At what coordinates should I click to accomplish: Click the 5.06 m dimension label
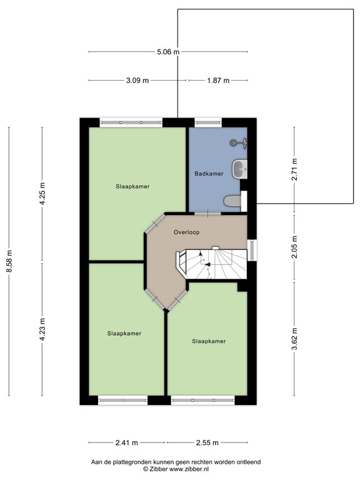[x=168, y=52]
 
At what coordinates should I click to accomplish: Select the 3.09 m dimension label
[x=137, y=81]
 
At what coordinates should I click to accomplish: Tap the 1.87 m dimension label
[x=217, y=81]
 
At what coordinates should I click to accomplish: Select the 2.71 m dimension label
[x=294, y=169]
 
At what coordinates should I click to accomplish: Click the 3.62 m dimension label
[x=294, y=337]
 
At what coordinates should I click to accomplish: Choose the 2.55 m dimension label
[x=206, y=442]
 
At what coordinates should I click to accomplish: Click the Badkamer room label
[x=209, y=174]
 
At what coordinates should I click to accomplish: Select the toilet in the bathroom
[x=232, y=201]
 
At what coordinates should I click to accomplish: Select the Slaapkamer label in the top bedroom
[x=132, y=186]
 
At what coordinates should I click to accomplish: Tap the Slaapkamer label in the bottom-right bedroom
[x=209, y=341]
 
